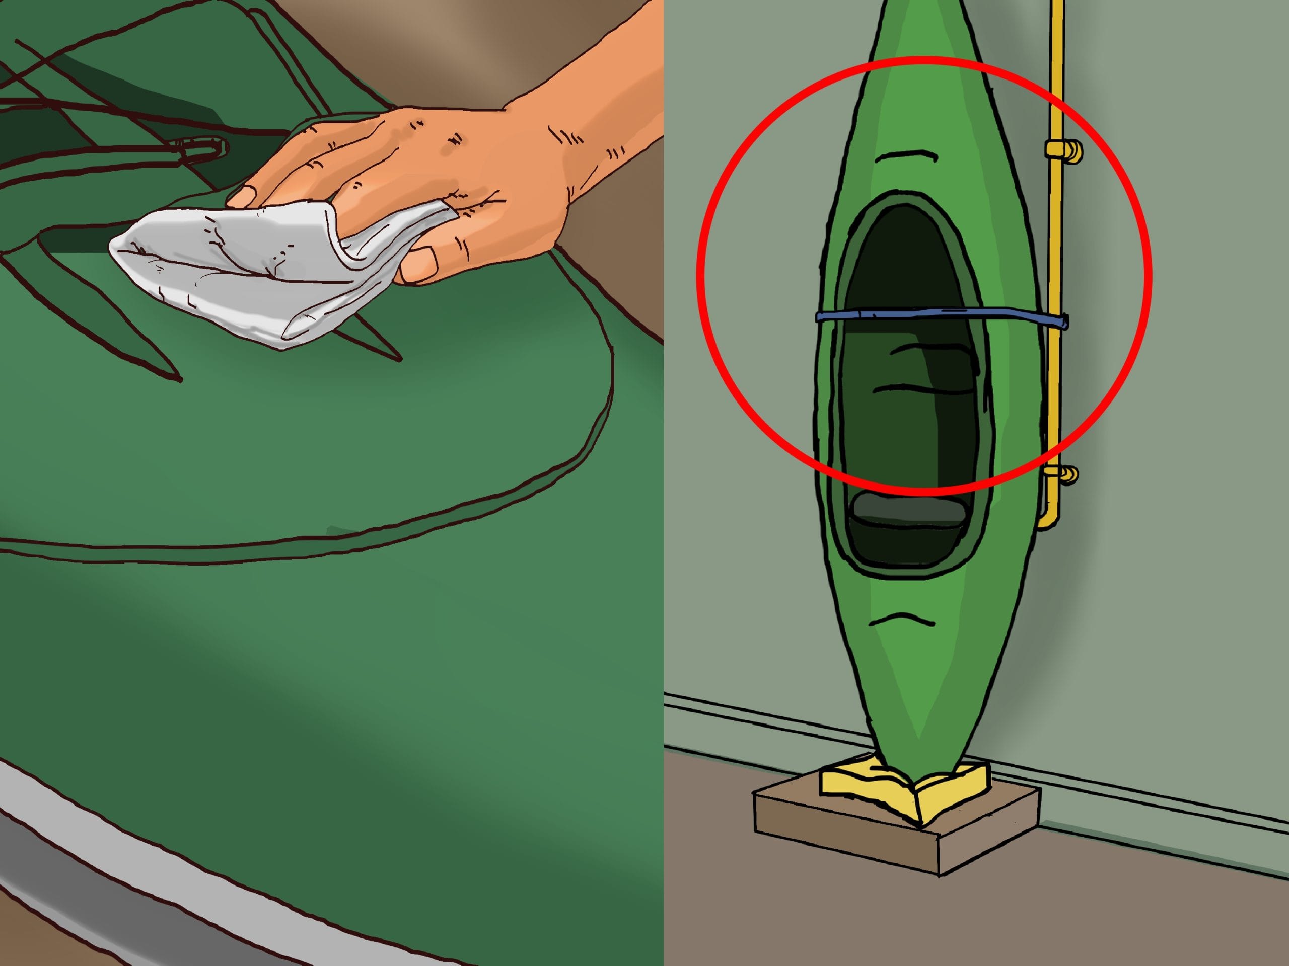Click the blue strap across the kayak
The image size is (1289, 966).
tap(933, 315)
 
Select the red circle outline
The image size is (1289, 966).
tap(705, 274)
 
